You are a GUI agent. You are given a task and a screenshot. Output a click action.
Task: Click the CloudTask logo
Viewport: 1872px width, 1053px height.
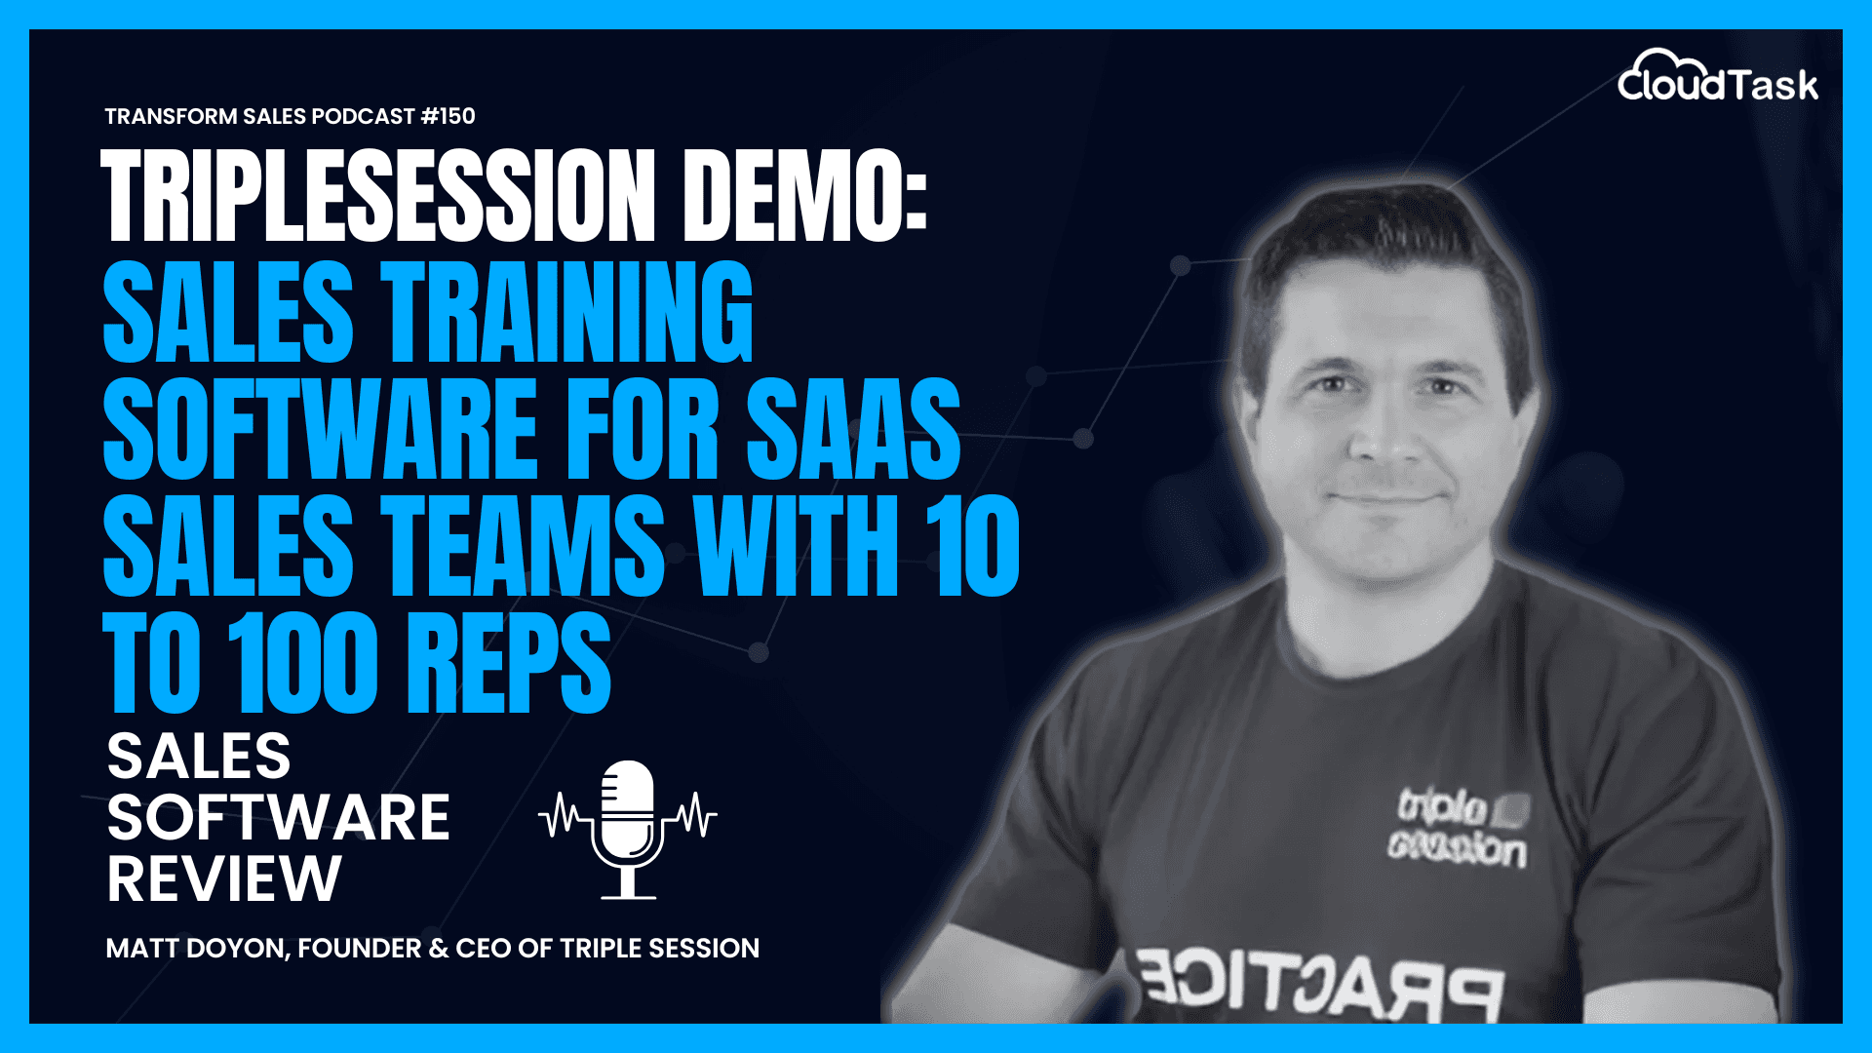coord(1718,78)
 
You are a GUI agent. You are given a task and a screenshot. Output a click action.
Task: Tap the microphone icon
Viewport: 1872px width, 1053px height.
coord(628,829)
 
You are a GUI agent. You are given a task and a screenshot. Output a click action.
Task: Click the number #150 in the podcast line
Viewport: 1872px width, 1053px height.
coord(448,116)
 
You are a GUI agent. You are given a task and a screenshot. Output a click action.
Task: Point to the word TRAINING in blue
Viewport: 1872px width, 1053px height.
coord(566,312)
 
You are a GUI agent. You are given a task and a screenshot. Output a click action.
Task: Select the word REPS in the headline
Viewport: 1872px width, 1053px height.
coord(508,663)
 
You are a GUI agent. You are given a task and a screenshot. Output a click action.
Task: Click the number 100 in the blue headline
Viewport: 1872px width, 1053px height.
coord(302,663)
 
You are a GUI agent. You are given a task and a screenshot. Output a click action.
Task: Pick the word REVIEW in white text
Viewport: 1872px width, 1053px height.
coord(224,878)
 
